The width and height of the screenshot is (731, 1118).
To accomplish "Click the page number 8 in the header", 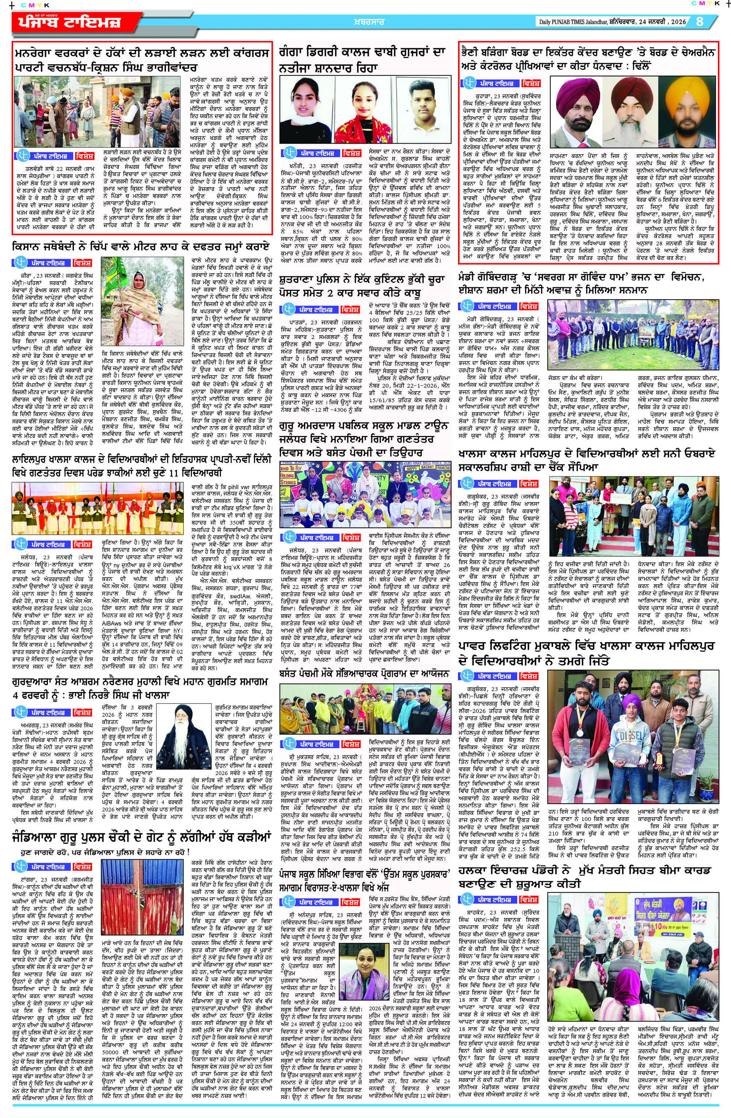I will coord(700,22).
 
